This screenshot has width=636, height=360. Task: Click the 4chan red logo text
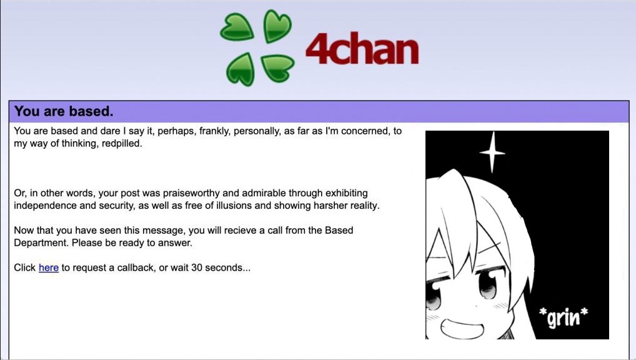pos(362,49)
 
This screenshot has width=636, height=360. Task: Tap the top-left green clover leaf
pos(237,27)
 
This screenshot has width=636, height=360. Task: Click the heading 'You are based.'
pos(64,111)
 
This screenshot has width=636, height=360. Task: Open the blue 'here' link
pos(49,268)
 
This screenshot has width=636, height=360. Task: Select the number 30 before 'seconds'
pos(197,268)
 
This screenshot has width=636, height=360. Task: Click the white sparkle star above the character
pos(492,153)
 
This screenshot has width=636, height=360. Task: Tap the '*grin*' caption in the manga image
pos(564,317)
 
